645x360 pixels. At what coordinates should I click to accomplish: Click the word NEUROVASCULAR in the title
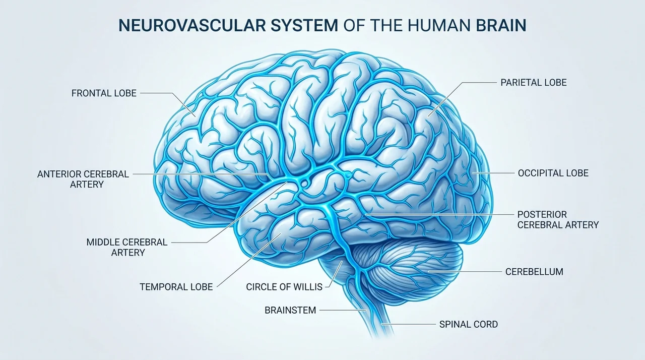[x=192, y=25]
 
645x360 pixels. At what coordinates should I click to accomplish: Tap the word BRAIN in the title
[x=501, y=25]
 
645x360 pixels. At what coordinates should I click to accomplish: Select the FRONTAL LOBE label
[x=104, y=93]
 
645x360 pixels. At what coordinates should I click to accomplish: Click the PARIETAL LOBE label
[x=534, y=83]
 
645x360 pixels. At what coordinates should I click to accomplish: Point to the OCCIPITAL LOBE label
[x=553, y=173]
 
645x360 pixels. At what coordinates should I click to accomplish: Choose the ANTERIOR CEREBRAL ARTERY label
[x=83, y=179]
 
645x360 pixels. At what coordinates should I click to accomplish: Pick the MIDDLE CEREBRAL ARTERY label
[x=127, y=247]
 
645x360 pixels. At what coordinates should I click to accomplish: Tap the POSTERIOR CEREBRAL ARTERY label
[x=558, y=219]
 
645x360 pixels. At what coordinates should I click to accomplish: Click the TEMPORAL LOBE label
[x=176, y=287]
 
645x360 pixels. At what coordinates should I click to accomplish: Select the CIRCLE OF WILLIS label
[x=284, y=287]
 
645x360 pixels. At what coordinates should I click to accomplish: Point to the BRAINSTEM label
[x=290, y=310]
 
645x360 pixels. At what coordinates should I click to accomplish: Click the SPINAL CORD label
[x=469, y=324]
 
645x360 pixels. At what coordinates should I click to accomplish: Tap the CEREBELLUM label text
[x=534, y=272]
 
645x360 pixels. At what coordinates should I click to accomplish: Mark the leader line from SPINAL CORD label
[x=408, y=324]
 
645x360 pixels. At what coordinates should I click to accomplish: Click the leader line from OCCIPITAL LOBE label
[x=493, y=173]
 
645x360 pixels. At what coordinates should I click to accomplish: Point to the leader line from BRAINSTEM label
[x=343, y=310]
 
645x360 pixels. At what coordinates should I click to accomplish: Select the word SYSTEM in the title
[x=304, y=25]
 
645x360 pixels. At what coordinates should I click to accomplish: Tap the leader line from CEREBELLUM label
[x=465, y=272]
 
